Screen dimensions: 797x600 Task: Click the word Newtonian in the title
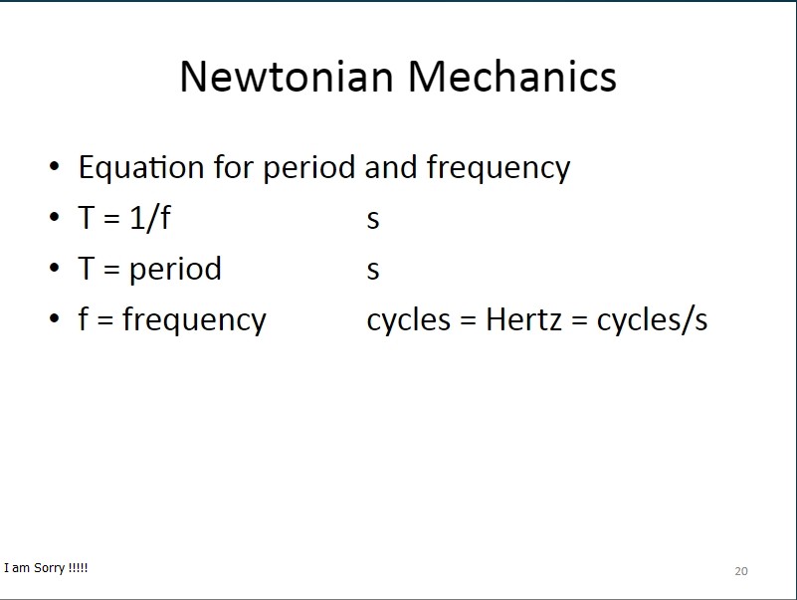(288, 77)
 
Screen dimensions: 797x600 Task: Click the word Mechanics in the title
(512, 77)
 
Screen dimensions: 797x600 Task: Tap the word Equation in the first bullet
(141, 168)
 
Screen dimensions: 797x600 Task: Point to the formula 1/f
(150, 218)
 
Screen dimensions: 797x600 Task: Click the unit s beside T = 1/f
(373, 220)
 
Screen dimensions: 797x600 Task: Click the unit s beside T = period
(373, 270)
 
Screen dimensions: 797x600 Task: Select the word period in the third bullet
(175, 270)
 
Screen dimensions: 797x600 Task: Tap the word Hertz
(523, 319)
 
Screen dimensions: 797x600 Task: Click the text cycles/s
(652, 320)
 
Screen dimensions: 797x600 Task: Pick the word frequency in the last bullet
(194, 320)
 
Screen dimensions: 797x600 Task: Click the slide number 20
(741, 571)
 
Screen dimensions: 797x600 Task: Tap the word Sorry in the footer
(50, 568)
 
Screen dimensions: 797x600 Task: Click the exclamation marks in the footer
(78, 567)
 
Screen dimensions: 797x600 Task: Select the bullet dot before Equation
(55, 166)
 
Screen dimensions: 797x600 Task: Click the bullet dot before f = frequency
(55, 318)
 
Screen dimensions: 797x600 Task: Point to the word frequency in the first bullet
(498, 168)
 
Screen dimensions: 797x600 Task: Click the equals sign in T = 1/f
(111, 219)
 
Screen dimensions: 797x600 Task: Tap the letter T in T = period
(87, 268)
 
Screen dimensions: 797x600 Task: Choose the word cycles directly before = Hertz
(409, 321)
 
